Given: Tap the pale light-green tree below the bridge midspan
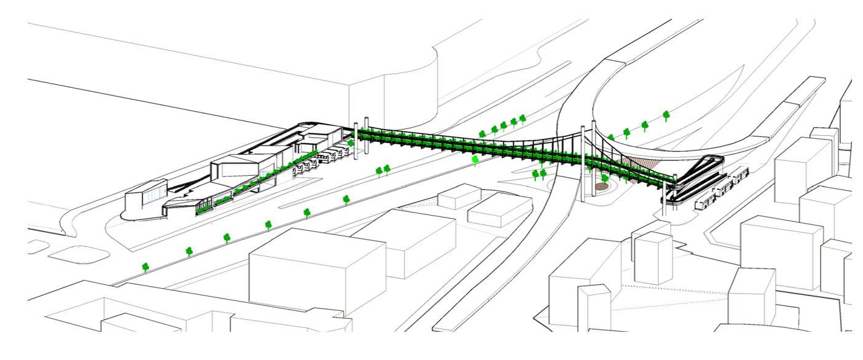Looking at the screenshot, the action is [x=475, y=160].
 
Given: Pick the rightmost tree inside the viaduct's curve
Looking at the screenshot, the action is [x=666, y=115].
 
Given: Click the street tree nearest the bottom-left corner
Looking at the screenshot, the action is [x=146, y=267].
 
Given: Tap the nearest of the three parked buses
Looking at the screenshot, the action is [x=703, y=203].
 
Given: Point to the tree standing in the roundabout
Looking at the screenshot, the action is [x=605, y=179].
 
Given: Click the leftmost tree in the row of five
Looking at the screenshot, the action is [x=483, y=134].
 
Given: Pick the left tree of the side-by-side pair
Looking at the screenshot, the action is [x=379, y=170].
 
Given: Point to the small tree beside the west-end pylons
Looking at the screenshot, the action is [x=351, y=143].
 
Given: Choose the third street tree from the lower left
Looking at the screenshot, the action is [x=227, y=237].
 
